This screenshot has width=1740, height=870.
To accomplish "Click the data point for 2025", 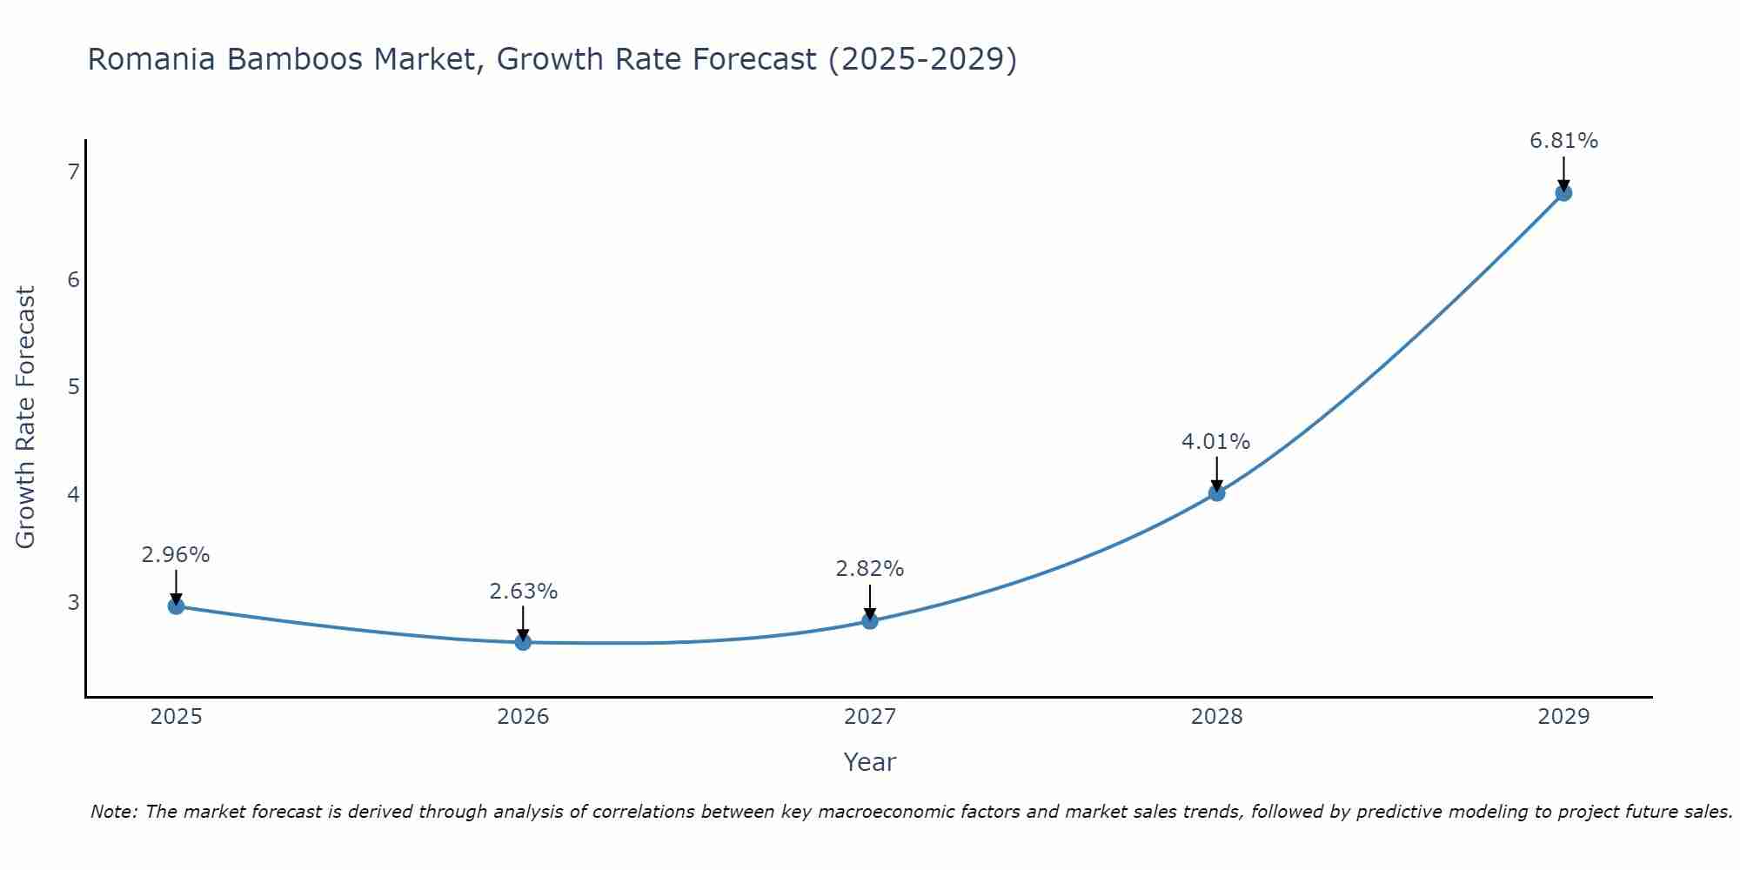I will coord(176,606).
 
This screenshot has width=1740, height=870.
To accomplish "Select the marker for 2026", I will coord(523,642).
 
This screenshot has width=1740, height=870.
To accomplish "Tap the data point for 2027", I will coord(870,620).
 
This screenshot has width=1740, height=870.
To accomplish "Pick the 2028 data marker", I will coord(1216,493).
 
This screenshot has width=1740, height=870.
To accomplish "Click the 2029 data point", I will coord(1563,192).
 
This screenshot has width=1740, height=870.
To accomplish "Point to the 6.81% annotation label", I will coord(1563,141).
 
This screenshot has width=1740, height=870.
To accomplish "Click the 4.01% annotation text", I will coord(1215,442).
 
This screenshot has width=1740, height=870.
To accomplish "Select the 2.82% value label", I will coord(869,569).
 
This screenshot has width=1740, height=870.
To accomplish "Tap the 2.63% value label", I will coord(523,592).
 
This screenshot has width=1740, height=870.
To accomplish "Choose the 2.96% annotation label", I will coord(176,555).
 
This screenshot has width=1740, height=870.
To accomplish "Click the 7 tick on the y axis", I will coord(73,172).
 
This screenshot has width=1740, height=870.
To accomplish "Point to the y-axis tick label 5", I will coord(73,386).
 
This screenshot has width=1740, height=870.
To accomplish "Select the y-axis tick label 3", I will coord(73,602).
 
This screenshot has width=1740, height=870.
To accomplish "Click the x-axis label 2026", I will coord(523,717).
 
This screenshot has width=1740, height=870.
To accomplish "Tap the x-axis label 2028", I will coord(1216,717).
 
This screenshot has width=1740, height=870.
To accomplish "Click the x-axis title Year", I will coord(869,762).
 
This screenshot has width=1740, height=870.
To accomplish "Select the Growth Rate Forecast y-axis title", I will coord(26,418).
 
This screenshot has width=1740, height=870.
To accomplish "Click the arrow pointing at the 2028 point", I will coord(1216,474).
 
